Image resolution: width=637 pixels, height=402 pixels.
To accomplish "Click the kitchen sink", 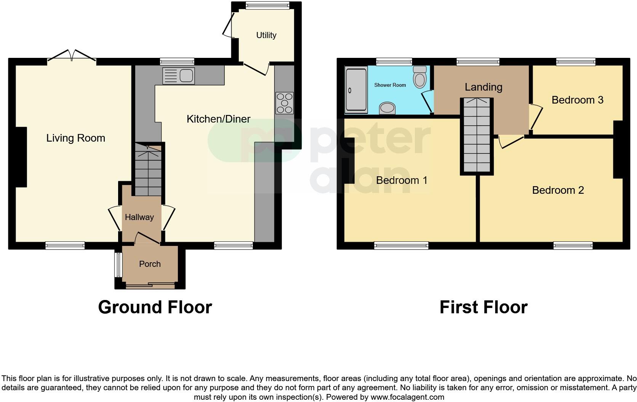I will click(179, 76).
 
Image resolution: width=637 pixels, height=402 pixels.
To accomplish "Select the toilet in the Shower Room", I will click(420, 77).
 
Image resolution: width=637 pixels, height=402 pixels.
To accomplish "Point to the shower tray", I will click(356, 90).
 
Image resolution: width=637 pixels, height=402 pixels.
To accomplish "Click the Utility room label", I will click(266, 35).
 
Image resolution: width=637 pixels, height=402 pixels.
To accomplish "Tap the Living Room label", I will click(75, 138).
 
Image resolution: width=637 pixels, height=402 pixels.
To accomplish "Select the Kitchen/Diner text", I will click(218, 119).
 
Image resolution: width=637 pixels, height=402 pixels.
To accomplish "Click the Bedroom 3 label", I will click(577, 100).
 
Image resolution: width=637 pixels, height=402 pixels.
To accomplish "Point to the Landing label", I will click(483, 87).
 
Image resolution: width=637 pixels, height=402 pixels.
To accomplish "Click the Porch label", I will click(150, 264).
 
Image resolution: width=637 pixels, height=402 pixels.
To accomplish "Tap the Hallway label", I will click(139, 217).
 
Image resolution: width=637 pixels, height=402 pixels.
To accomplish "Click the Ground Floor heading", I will click(155, 307).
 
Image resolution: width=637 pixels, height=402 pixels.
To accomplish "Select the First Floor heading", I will click(483, 307).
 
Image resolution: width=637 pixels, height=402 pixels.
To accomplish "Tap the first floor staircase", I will click(477, 135).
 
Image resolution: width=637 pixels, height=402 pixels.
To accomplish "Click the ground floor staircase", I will click(149, 169).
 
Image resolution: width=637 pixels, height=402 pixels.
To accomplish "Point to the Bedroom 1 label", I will click(401, 180).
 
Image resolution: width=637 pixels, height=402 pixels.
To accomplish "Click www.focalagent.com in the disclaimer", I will click(407, 397).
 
